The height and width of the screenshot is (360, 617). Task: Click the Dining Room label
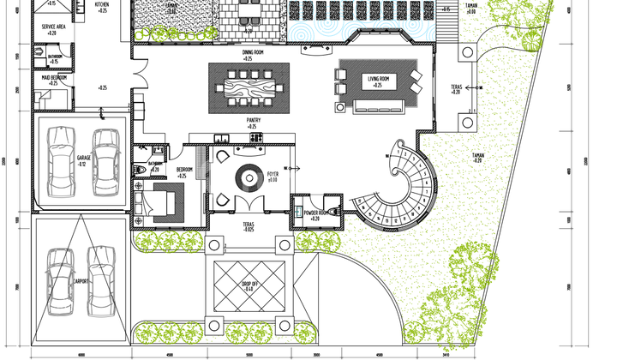click(252, 52)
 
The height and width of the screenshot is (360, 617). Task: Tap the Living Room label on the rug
click(379, 80)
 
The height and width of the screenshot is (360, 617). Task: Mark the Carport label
click(81, 280)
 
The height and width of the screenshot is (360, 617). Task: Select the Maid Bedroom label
click(54, 80)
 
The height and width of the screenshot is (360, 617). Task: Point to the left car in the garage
click(61, 161)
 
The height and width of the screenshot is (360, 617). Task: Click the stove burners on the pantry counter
click(255, 137)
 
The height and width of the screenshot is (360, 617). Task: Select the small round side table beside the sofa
click(342, 107)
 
